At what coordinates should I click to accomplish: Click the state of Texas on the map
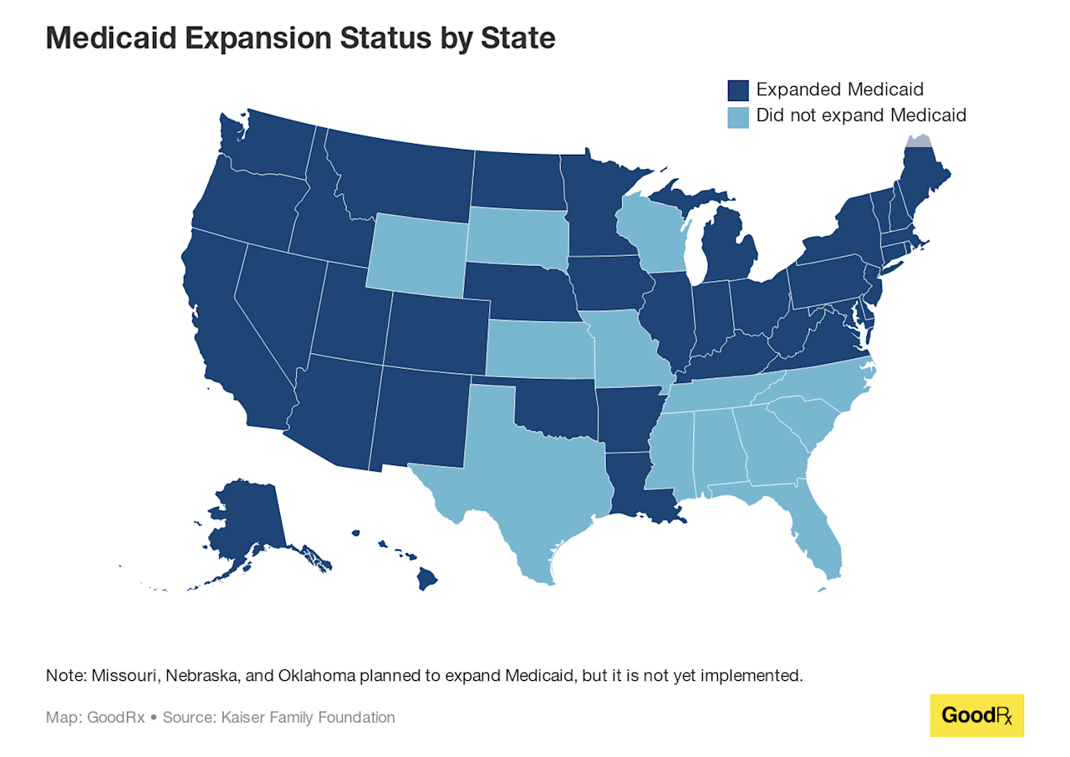[527, 477]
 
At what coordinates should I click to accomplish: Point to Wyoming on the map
[415, 253]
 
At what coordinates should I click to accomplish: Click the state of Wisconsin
[650, 238]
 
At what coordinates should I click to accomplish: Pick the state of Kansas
[539, 348]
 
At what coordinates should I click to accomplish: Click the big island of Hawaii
[429, 578]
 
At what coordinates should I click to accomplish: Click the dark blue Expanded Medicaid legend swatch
[737, 90]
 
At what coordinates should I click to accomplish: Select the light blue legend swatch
[737, 116]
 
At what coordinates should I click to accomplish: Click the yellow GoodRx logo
[976, 715]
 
